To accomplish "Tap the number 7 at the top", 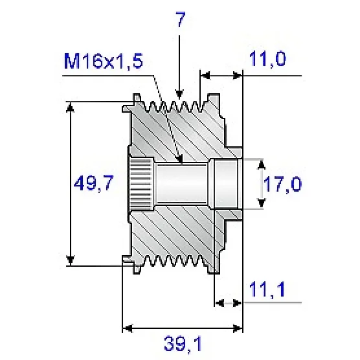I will [x=180, y=19].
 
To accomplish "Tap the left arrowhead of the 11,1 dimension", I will [x=220, y=302].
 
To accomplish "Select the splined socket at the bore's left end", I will [x=141, y=184].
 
